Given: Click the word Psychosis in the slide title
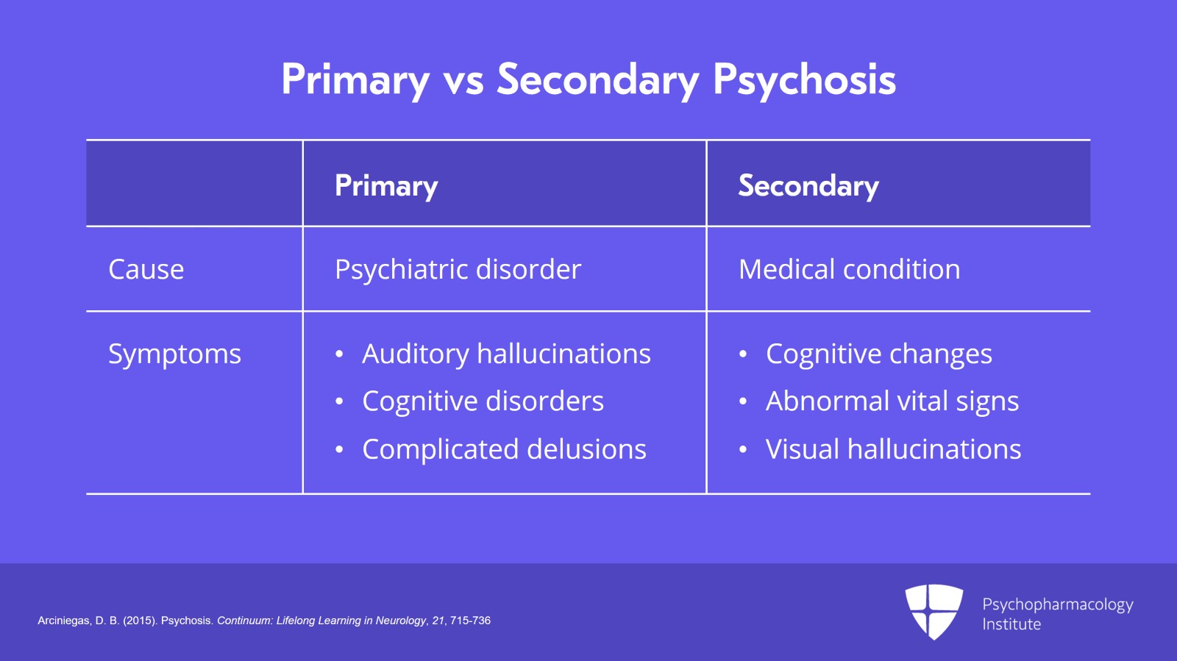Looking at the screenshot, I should (x=804, y=79).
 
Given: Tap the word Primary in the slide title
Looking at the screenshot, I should (x=355, y=79).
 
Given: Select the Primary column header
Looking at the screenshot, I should (x=386, y=185).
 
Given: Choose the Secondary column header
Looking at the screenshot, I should (x=808, y=185).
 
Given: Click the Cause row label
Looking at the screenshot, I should (x=146, y=269).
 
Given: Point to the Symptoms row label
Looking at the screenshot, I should (x=174, y=354).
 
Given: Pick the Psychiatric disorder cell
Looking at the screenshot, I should (x=458, y=269).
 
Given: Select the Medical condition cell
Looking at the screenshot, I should (x=849, y=269).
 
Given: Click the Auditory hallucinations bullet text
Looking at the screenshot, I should (x=506, y=354).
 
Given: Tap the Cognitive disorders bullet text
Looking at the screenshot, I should (x=483, y=401).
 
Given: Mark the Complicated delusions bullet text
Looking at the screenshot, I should (x=504, y=449).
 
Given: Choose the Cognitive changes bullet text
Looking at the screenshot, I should (x=878, y=354).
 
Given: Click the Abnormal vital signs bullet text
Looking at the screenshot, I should (x=892, y=401).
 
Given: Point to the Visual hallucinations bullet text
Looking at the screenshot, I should (x=893, y=449).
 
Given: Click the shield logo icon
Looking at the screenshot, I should (x=934, y=611).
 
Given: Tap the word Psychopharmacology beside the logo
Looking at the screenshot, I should (x=1057, y=604).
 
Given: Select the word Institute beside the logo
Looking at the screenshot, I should (x=1011, y=624).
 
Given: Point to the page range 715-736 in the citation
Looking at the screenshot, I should (x=470, y=621).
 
